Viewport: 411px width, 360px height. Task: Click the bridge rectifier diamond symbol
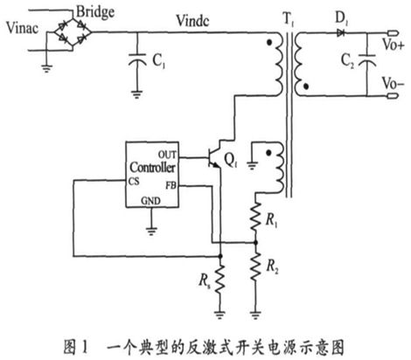coord(73,32)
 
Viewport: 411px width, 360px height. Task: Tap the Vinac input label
coord(22,28)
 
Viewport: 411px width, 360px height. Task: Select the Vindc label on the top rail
coord(192,21)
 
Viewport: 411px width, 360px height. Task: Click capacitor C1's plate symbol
coord(137,59)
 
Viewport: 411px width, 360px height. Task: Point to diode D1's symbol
coord(340,32)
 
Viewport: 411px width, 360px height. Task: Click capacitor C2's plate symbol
coord(366,59)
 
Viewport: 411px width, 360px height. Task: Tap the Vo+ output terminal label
coord(394,45)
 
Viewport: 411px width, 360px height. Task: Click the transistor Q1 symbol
coord(215,157)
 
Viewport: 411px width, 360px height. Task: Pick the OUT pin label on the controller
coord(167,155)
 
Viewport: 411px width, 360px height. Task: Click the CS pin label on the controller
coord(134,182)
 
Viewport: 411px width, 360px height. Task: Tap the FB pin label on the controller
coord(171,185)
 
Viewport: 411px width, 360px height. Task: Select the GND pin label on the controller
coord(150,201)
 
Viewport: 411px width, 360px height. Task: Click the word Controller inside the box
coord(152,167)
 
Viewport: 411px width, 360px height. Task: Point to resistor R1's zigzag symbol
coord(255,217)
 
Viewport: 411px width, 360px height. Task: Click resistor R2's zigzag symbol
coord(255,267)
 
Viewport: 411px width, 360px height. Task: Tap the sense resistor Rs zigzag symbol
coord(220,279)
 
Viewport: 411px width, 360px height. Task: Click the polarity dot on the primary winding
coord(269,43)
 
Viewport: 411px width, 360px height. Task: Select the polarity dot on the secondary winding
coord(306,87)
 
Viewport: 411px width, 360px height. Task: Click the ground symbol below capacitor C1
coord(136,94)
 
